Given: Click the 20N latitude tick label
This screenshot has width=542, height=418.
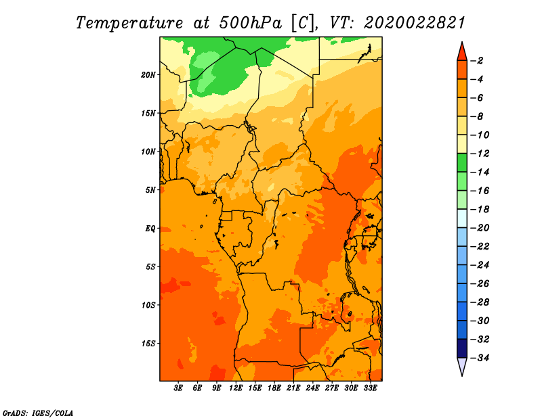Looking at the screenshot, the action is [148, 75].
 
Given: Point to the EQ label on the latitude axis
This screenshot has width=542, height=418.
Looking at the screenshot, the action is [150, 229].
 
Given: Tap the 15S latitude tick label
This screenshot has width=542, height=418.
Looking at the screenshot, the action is [148, 344].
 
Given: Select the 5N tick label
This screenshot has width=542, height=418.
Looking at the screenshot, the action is [150, 190].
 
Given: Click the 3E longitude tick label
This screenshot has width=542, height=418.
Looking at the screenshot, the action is [178, 388].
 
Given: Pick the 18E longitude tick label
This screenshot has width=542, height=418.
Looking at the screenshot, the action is [274, 388].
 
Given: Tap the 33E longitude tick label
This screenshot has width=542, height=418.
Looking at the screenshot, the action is [370, 388].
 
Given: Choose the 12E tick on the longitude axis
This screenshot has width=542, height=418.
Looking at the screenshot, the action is [236, 388].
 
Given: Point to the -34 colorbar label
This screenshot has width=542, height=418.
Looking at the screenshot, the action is [480, 358].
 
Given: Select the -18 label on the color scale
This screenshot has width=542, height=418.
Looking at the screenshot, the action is [480, 209].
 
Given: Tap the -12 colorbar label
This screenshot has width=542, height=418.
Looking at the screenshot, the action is [480, 154].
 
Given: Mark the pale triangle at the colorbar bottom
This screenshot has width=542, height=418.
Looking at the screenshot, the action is [462, 365].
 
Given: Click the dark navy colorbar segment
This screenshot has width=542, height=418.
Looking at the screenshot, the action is [462, 348].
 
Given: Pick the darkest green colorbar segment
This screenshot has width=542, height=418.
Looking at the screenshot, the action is [462, 163].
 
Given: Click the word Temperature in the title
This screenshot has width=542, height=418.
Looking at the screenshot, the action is [129, 23].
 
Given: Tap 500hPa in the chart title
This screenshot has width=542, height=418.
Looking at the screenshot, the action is [250, 23].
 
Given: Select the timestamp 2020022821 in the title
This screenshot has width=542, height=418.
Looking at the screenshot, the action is [414, 23].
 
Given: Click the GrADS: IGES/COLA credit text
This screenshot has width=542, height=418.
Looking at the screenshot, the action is [38, 413].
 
